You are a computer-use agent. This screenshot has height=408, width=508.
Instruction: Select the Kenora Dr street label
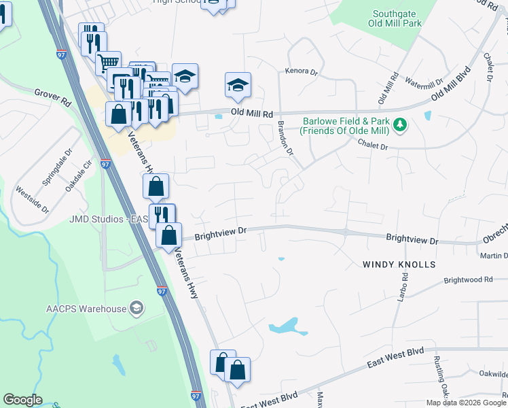click(x=302, y=71)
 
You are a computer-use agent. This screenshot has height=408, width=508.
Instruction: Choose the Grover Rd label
click(x=53, y=97)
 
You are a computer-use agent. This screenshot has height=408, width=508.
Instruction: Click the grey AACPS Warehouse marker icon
click(x=137, y=309)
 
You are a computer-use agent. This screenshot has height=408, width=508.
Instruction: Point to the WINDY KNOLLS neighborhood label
click(x=398, y=264)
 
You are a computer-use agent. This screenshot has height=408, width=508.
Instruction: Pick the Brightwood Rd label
click(x=467, y=279)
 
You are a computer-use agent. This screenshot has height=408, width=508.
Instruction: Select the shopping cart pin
click(x=109, y=63)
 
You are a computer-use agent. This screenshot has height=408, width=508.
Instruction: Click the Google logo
click(x=22, y=400)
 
